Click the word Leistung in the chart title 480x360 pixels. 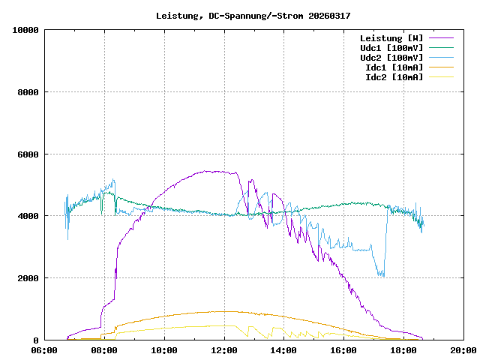point(177,16)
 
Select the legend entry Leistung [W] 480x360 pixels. point(391,37)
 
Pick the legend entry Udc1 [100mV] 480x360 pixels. point(391,47)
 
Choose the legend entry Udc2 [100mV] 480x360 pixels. point(391,57)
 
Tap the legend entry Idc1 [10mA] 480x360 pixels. point(394,67)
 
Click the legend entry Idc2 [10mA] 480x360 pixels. point(394,76)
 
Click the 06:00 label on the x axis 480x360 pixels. point(45,350)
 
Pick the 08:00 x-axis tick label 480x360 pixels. point(104,350)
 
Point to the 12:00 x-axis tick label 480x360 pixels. point(224,350)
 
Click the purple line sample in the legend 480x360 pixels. point(442,37)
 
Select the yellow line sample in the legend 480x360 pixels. point(442,76)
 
